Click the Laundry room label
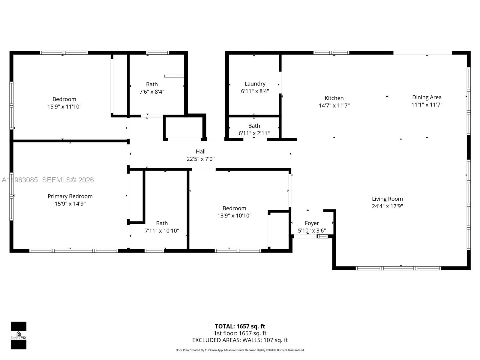tap(255, 84)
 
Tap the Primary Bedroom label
tap(70, 196)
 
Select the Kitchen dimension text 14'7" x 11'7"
tap(334, 106)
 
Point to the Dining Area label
tap(427, 97)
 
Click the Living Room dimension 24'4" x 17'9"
tap(387, 206)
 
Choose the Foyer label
tap(312, 223)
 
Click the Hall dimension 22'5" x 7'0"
tap(200, 159)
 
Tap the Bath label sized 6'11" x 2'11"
tap(254, 126)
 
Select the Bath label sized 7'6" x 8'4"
tap(152, 84)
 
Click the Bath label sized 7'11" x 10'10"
tap(162, 223)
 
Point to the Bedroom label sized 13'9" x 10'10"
tap(234, 208)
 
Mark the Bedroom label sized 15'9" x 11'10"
tap(64, 99)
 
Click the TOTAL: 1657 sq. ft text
tap(240, 326)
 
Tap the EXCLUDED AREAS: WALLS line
tap(240, 340)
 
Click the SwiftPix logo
tap(19, 335)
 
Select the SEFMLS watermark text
tap(68, 180)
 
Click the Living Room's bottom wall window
tap(398, 268)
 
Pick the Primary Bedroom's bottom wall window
tap(73, 250)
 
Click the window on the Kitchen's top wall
tap(331, 53)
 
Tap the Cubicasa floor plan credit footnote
tap(240, 350)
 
